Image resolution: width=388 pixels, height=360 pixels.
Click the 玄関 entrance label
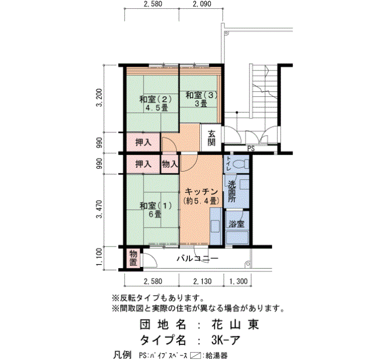pos(211,138)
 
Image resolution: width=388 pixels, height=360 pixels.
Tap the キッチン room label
pos(201,192)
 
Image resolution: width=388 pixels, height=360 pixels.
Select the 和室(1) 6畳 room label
pos(155,210)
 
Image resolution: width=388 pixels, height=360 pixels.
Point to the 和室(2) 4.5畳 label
pos(155,104)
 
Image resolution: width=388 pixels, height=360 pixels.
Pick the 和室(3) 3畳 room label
pos(201,99)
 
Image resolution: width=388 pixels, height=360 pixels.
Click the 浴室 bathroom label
pos(236,224)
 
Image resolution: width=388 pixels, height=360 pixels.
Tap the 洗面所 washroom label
pos(232,192)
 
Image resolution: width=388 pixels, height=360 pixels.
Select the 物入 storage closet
pos(170,164)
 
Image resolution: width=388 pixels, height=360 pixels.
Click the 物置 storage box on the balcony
pos(134,259)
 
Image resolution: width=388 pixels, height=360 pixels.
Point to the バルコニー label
pos(197,259)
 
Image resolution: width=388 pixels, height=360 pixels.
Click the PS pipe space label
pos(251,149)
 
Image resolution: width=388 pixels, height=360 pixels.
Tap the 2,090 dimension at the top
pos(202,4)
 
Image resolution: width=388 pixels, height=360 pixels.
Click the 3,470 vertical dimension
pos(100,209)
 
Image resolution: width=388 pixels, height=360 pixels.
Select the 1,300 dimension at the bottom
pos(238,281)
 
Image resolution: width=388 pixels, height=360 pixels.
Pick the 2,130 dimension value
pos(202,281)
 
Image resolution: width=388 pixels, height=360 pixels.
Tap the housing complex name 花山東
pos(235,325)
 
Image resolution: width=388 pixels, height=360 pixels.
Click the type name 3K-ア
pos(226,341)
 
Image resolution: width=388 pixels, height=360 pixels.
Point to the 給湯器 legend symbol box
pos(195,356)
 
